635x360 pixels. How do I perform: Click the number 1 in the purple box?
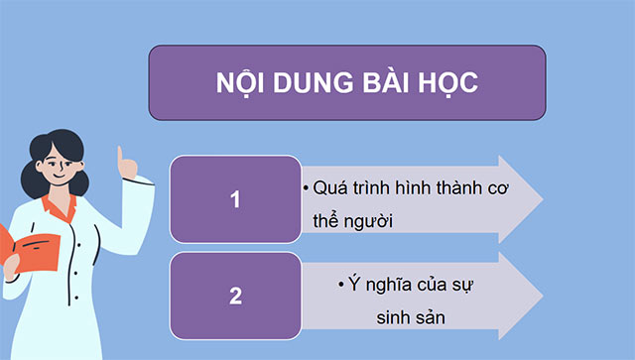[235, 199]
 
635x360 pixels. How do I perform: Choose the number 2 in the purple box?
[235, 297]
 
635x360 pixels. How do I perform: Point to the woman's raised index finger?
[124, 158]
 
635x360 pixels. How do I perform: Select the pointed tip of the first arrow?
[541, 198]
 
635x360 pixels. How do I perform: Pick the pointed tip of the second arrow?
[541, 296]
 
